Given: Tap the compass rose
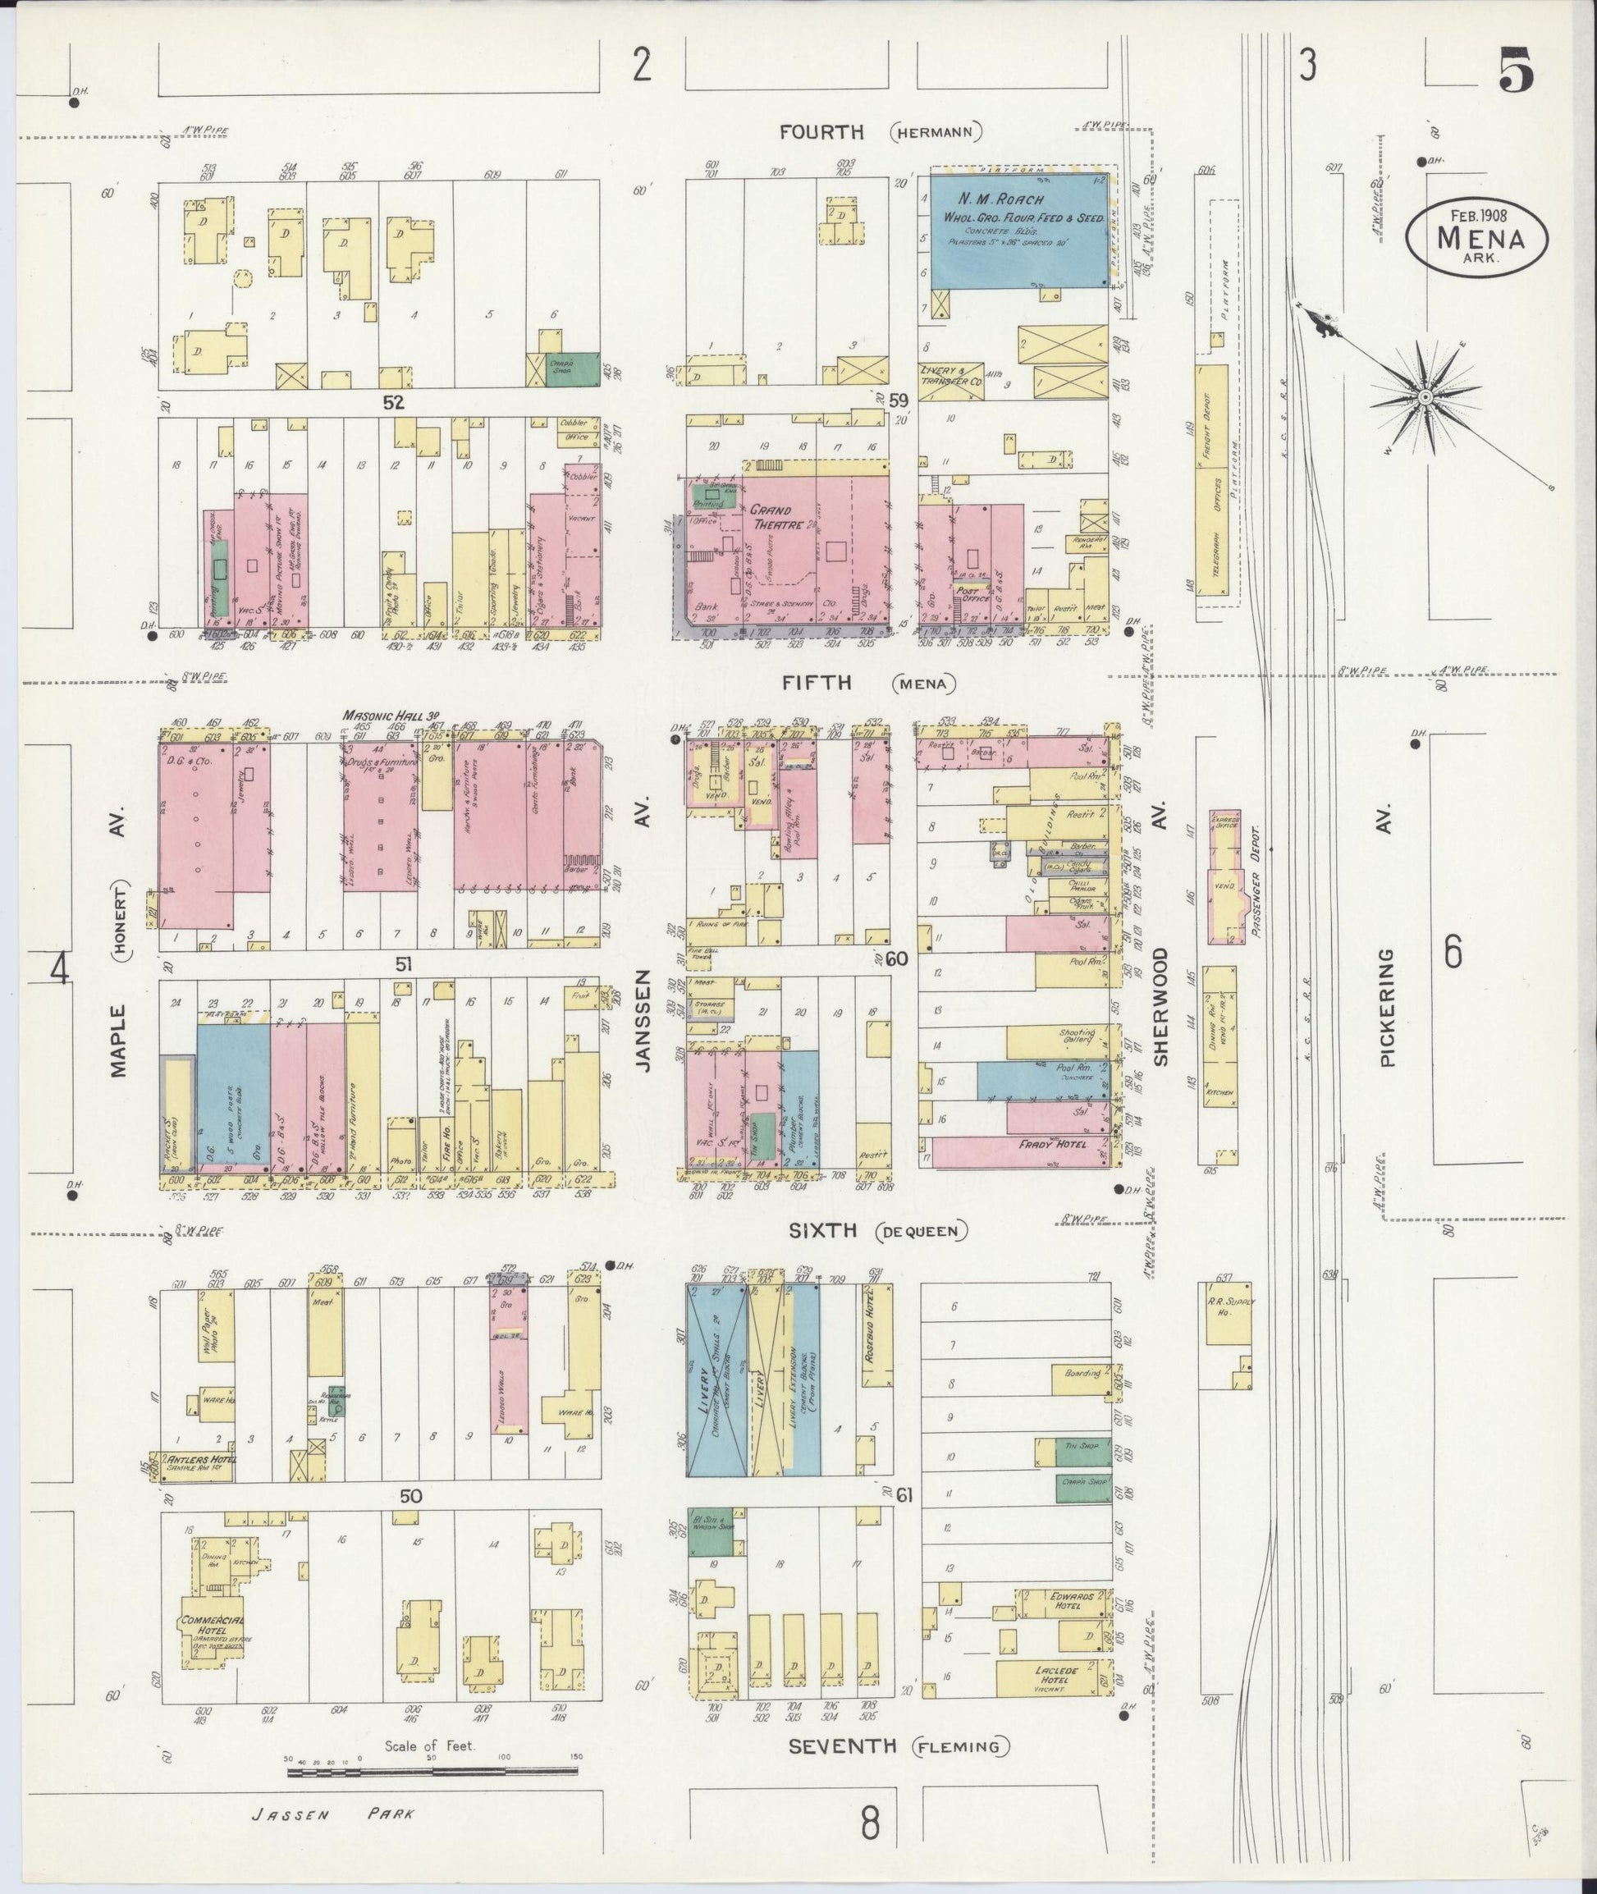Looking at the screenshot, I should click(1424, 397).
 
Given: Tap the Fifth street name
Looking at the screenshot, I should click(818, 683).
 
